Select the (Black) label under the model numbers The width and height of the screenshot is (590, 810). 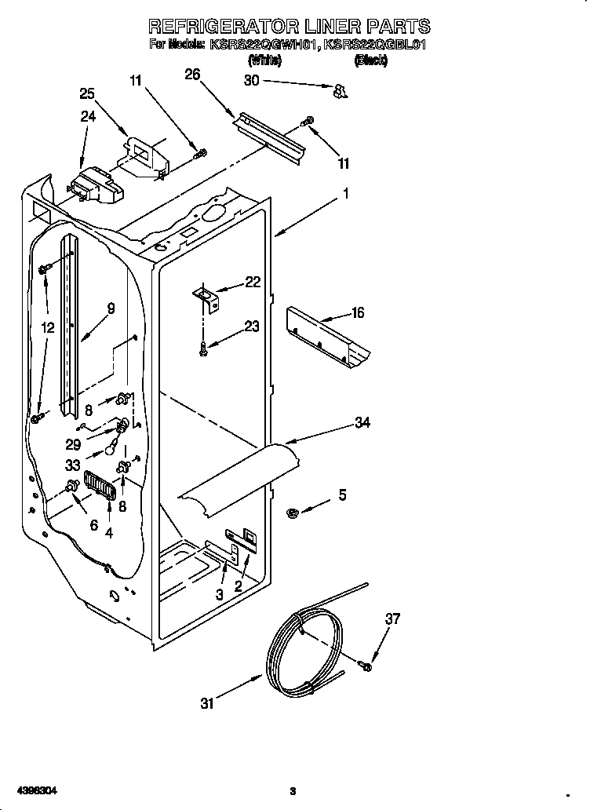coord(370,60)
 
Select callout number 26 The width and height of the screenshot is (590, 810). coord(192,75)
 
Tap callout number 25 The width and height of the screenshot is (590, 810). coord(88,93)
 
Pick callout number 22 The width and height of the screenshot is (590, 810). coord(253,283)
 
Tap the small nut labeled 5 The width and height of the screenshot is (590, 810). coord(293,513)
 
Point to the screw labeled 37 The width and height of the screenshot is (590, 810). coord(366,666)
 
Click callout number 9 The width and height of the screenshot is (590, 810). coord(111,308)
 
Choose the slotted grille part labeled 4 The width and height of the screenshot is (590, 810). coord(100,484)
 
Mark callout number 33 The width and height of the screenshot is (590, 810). coord(72,464)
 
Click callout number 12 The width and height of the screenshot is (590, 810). coord(48,328)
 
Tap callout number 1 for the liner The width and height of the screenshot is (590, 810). coord(345,193)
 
